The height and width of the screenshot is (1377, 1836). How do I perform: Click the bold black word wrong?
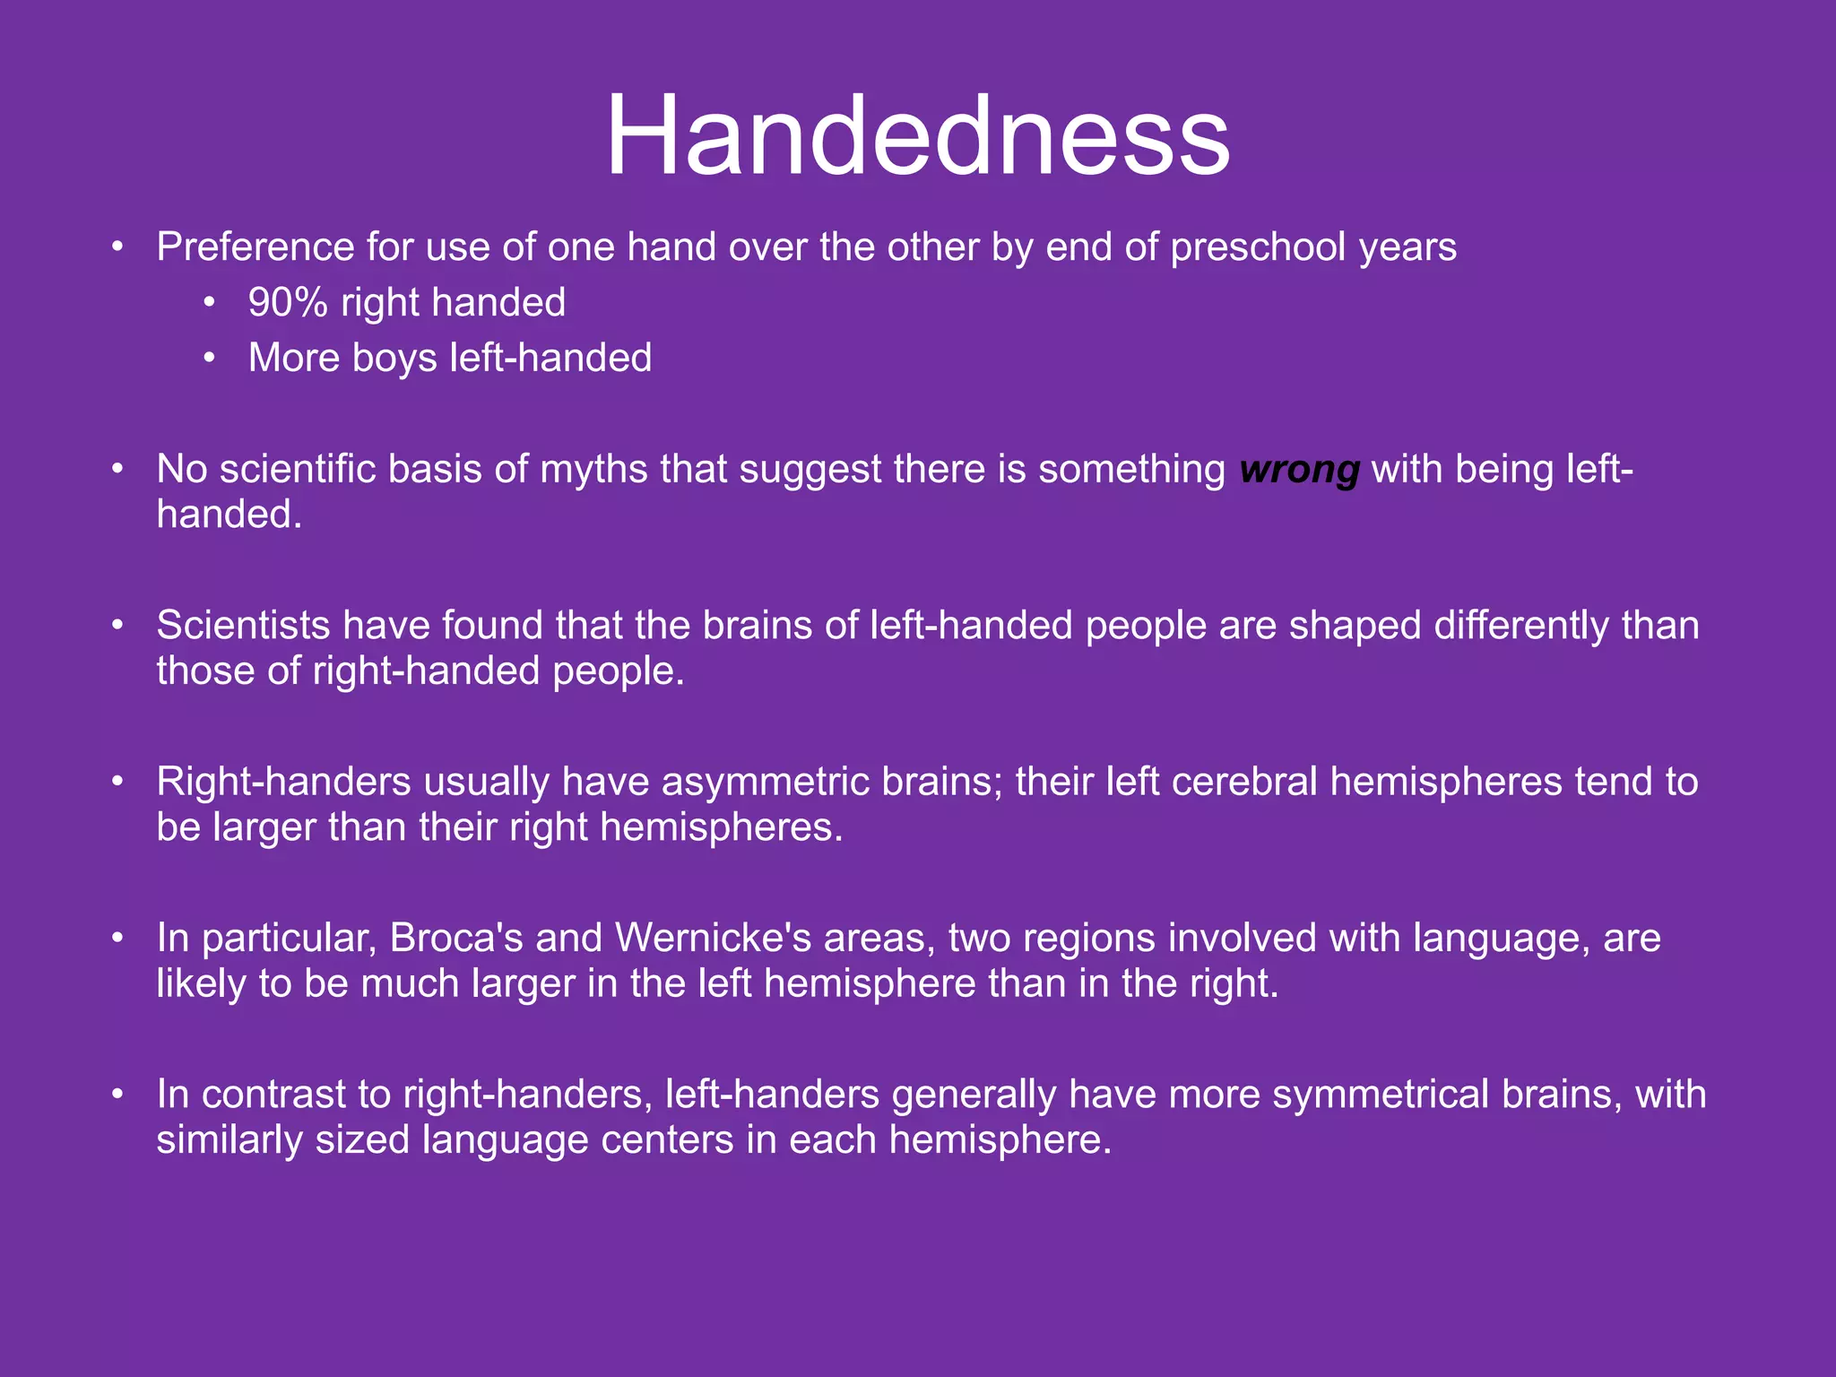[x=1299, y=470]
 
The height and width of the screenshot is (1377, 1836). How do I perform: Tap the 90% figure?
[x=288, y=303]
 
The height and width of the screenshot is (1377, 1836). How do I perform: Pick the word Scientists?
[x=243, y=626]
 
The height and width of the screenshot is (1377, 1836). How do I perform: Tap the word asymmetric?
[x=766, y=782]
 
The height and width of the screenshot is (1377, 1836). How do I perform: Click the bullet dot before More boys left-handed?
[x=209, y=359]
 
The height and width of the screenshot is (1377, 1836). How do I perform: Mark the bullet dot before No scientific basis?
[x=117, y=470]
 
